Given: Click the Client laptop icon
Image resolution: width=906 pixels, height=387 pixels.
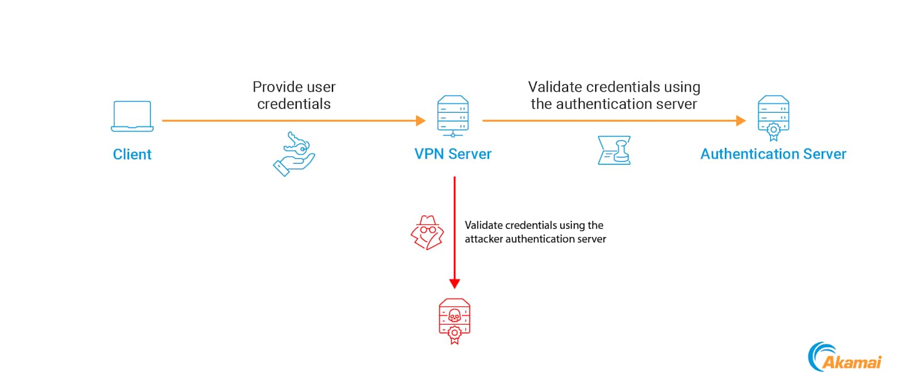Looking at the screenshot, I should [x=132, y=116].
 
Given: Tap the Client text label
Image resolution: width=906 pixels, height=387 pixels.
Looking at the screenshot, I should [x=132, y=154].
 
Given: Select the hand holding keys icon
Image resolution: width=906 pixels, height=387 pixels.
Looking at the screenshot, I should [x=294, y=154].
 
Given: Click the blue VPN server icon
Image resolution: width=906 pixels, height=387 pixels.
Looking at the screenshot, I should [x=452, y=116].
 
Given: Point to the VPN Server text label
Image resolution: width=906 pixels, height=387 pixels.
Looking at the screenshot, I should [x=452, y=154].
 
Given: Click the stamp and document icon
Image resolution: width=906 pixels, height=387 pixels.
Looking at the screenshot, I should [x=614, y=150].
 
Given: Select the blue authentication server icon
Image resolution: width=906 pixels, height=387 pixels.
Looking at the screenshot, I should [x=773, y=118].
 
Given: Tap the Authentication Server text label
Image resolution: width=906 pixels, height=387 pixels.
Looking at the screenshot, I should [x=773, y=154].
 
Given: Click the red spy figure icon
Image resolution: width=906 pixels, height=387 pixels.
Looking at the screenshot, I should [x=427, y=232].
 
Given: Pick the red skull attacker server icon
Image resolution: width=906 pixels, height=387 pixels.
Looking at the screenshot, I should [x=454, y=321].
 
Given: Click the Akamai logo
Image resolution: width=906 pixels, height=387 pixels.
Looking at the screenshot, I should [x=844, y=358].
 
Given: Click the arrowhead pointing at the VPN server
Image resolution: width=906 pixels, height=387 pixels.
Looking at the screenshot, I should [x=420, y=121].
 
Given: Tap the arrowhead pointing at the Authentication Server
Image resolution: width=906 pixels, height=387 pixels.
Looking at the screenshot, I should [x=741, y=121].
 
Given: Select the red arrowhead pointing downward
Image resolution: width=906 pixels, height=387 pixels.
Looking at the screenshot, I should [x=454, y=283].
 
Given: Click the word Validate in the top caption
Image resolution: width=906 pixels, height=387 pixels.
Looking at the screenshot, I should [x=555, y=87].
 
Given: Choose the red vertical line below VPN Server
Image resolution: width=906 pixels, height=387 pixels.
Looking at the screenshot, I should [x=454, y=227].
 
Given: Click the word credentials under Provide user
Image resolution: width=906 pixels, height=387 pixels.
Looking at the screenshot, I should [x=294, y=104].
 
